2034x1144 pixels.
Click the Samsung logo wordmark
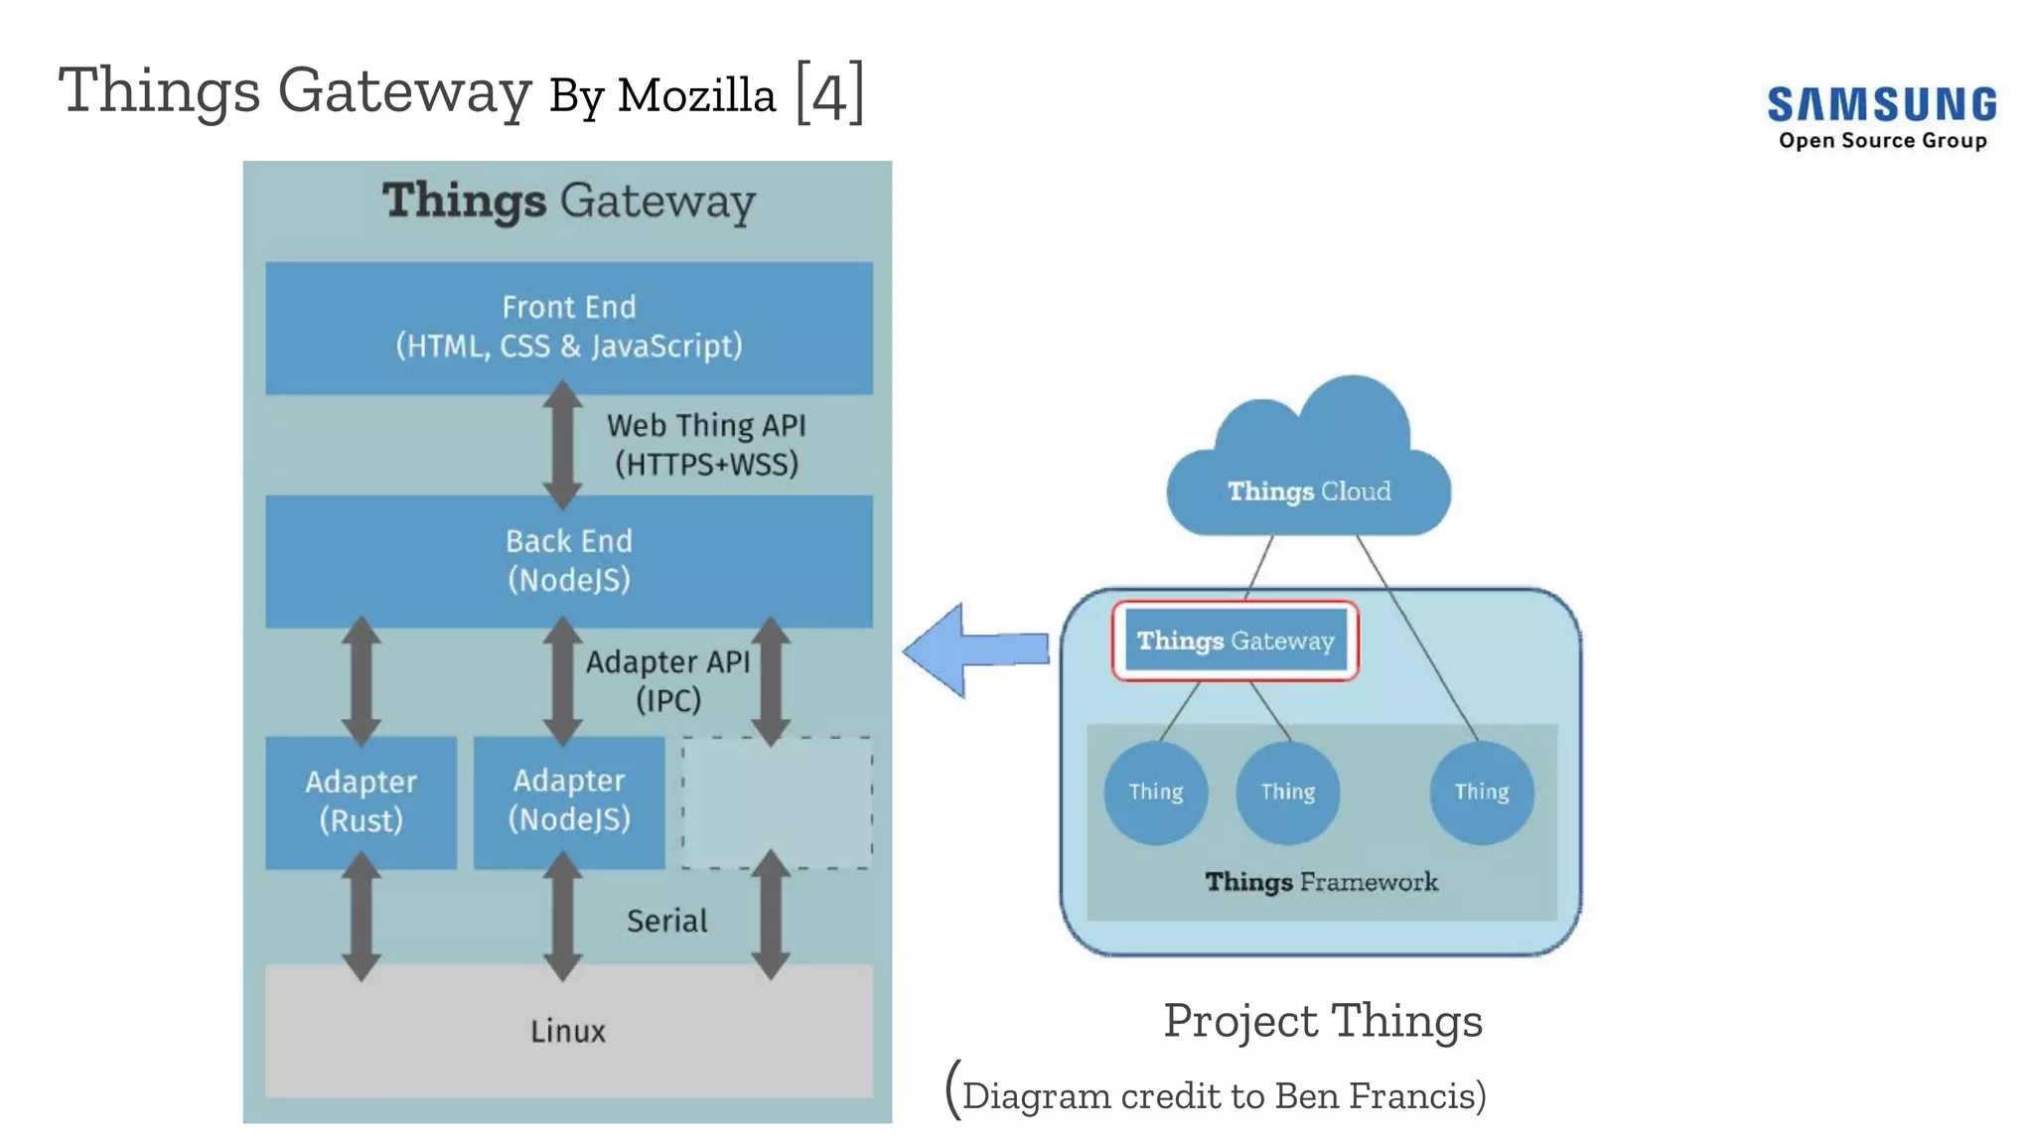coord(1882,105)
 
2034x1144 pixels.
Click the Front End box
coord(568,327)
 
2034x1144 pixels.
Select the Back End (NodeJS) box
coord(568,560)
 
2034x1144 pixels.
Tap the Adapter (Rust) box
coord(361,801)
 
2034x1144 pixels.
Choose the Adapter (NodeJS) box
coord(568,800)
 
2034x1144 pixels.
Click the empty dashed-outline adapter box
coord(777,802)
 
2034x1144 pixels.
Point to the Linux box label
coord(567,1031)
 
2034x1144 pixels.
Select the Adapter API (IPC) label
coord(667,680)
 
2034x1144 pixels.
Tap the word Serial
coord(666,921)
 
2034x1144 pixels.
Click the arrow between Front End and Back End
coord(562,444)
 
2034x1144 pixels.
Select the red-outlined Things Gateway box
coord(1235,641)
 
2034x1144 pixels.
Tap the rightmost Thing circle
coord(1481,791)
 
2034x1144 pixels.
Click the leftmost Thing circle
coord(1155,791)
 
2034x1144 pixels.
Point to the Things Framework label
coord(1321,882)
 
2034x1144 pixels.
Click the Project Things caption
coord(1322,1021)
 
